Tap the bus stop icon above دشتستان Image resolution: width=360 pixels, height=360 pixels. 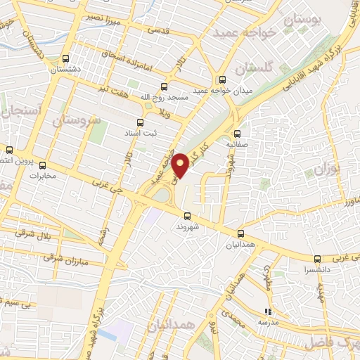tap(65, 59)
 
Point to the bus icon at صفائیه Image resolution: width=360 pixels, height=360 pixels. tap(237, 134)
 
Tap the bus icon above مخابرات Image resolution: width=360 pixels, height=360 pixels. tap(42, 165)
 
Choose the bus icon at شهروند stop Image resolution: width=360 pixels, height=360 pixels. tap(186, 216)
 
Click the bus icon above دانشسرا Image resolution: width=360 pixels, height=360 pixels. tap(318, 258)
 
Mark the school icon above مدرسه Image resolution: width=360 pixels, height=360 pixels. tap(267, 311)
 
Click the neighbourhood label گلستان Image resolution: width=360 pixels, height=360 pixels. tap(253, 68)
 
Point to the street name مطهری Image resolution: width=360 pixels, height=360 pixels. tap(266, 278)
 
